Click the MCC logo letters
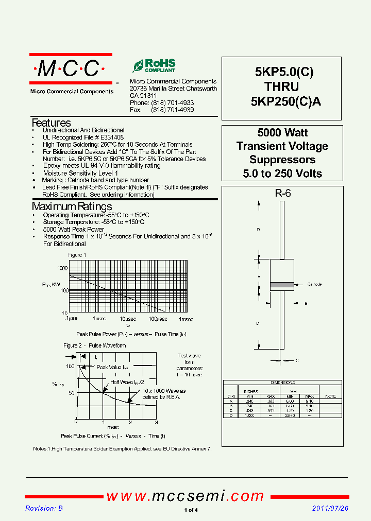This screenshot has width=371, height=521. click(70, 68)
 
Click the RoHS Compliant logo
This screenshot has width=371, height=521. click(154, 66)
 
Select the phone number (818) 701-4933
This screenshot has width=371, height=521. click(172, 103)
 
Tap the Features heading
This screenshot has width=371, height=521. click(51, 123)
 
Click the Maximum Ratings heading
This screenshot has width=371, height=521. click(72, 207)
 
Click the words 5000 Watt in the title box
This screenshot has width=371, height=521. click(282, 133)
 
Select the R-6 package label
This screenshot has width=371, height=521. click(282, 194)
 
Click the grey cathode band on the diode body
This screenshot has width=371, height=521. click(282, 284)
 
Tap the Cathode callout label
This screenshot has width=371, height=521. click(314, 284)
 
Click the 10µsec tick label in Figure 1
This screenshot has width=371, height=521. click(128, 319)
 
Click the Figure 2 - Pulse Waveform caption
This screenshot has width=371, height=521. click(94, 345)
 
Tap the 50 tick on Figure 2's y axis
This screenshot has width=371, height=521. click(71, 393)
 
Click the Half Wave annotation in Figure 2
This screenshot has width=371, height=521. click(126, 382)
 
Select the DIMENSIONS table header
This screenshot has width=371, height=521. click(282, 383)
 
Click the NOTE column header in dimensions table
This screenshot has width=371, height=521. click(330, 396)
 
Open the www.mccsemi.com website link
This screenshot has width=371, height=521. click(185, 496)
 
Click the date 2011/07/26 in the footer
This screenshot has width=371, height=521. click(330, 508)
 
